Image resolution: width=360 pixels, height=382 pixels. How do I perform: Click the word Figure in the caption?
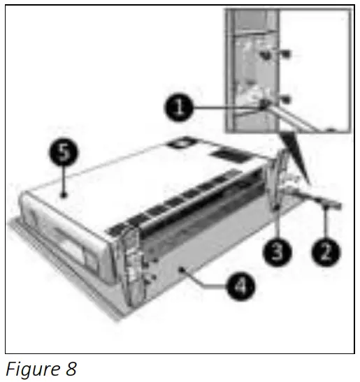pyautogui.click(x=32, y=369)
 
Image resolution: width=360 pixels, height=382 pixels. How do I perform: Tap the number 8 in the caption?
pyautogui.click(x=70, y=369)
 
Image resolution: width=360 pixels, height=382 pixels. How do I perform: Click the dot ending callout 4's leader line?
pyautogui.click(x=183, y=269)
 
